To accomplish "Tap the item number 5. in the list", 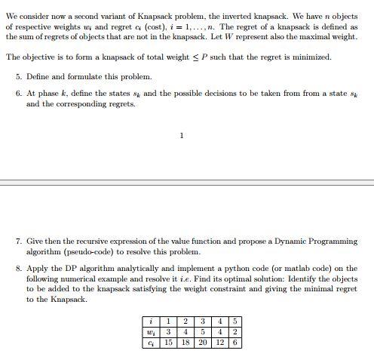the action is (x=19, y=77).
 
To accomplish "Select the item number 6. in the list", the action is (x=19, y=94).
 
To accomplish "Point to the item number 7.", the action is (x=19, y=242).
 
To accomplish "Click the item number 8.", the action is (x=19, y=269).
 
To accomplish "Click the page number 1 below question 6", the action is (x=182, y=136).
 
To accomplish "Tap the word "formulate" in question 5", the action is (x=90, y=77).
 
